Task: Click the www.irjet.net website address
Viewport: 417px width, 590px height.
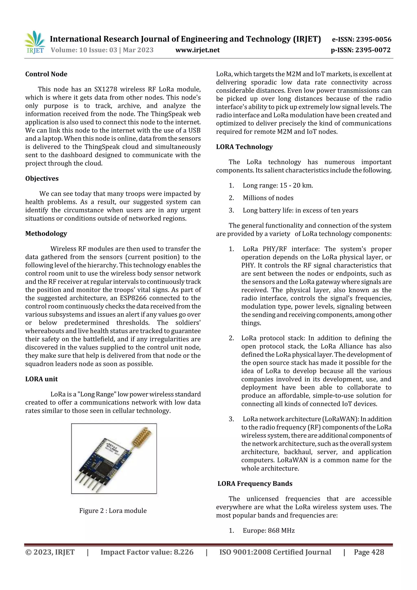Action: [197, 50]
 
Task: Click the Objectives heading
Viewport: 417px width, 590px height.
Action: [42, 178]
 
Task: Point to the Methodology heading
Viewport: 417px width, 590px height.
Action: [46, 233]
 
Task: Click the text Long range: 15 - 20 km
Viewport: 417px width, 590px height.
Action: [278, 185]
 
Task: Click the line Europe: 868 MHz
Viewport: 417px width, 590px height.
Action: [269, 530]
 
